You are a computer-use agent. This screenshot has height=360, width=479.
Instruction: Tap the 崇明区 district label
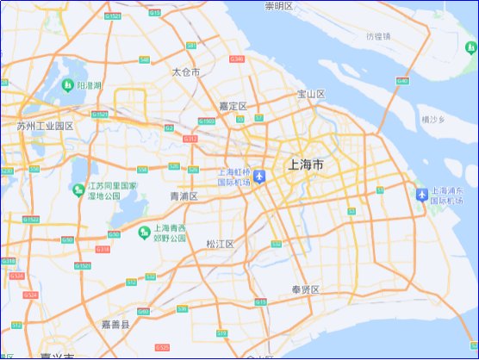[279, 6]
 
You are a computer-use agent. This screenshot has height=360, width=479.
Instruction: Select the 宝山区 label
[310, 94]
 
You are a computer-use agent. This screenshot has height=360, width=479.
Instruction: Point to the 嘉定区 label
[233, 106]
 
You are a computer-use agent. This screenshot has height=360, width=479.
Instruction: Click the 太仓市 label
[186, 72]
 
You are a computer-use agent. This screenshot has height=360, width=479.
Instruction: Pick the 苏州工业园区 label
[45, 126]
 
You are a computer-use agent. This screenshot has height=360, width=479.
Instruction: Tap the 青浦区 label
[184, 196]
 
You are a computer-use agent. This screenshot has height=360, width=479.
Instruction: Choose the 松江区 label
[221, 244]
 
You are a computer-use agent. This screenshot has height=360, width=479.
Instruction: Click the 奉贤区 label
[306, 289]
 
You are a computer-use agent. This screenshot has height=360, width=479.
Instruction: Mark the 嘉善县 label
[115, 325]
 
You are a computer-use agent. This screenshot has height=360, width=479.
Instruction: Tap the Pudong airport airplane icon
[421, 195]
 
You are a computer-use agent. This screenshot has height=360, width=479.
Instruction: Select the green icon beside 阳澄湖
[67, 85]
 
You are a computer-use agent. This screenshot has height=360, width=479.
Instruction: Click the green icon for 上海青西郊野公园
[143, 231]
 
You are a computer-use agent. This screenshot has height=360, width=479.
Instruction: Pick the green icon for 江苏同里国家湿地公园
[78, 189]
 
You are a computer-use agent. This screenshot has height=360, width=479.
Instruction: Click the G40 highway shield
[402, 81]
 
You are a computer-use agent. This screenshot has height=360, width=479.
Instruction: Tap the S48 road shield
[144, 59]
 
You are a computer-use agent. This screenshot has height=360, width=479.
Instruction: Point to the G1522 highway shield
[32, 220]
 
